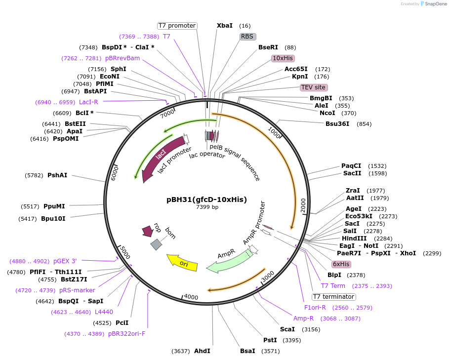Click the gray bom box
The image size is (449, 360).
click(157, 244)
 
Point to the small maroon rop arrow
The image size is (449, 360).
click(147, 231)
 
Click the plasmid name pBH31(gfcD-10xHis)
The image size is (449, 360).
click(206, 200)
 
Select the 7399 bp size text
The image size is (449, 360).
click(207, 207)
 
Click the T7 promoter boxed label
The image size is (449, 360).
click(177, 26)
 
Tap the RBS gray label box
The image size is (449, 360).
click(246, 37)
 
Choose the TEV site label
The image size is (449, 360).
click(313, 87)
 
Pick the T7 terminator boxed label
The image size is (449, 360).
click(333, 297)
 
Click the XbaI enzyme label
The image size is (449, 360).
click(224, 26)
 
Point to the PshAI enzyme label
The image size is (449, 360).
click(57, 175)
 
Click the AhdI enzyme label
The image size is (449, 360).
click(202, 351)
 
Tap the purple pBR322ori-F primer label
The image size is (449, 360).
click(126, 334)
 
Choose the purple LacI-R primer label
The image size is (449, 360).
click(88, 102)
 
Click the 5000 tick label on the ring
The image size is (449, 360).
click(124, 253)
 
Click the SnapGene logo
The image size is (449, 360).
click(433, 3)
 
